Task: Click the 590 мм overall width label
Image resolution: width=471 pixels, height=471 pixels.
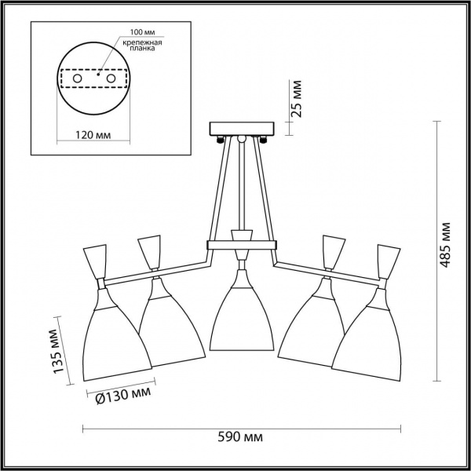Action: [240, 437]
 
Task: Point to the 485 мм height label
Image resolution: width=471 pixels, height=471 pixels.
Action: [445, 245]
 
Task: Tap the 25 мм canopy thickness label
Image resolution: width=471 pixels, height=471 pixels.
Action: [296, 99]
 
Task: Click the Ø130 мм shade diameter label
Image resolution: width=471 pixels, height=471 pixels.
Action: [123, 396]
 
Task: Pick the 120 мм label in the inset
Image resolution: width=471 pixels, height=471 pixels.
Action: [93, 135]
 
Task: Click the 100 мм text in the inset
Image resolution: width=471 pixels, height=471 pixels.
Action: [142, 32]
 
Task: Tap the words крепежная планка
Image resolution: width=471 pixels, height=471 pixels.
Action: [142, 45]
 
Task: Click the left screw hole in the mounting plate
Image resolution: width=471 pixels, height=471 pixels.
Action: [77, 78]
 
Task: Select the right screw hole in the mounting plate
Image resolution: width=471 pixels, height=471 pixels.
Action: [111, 78]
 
